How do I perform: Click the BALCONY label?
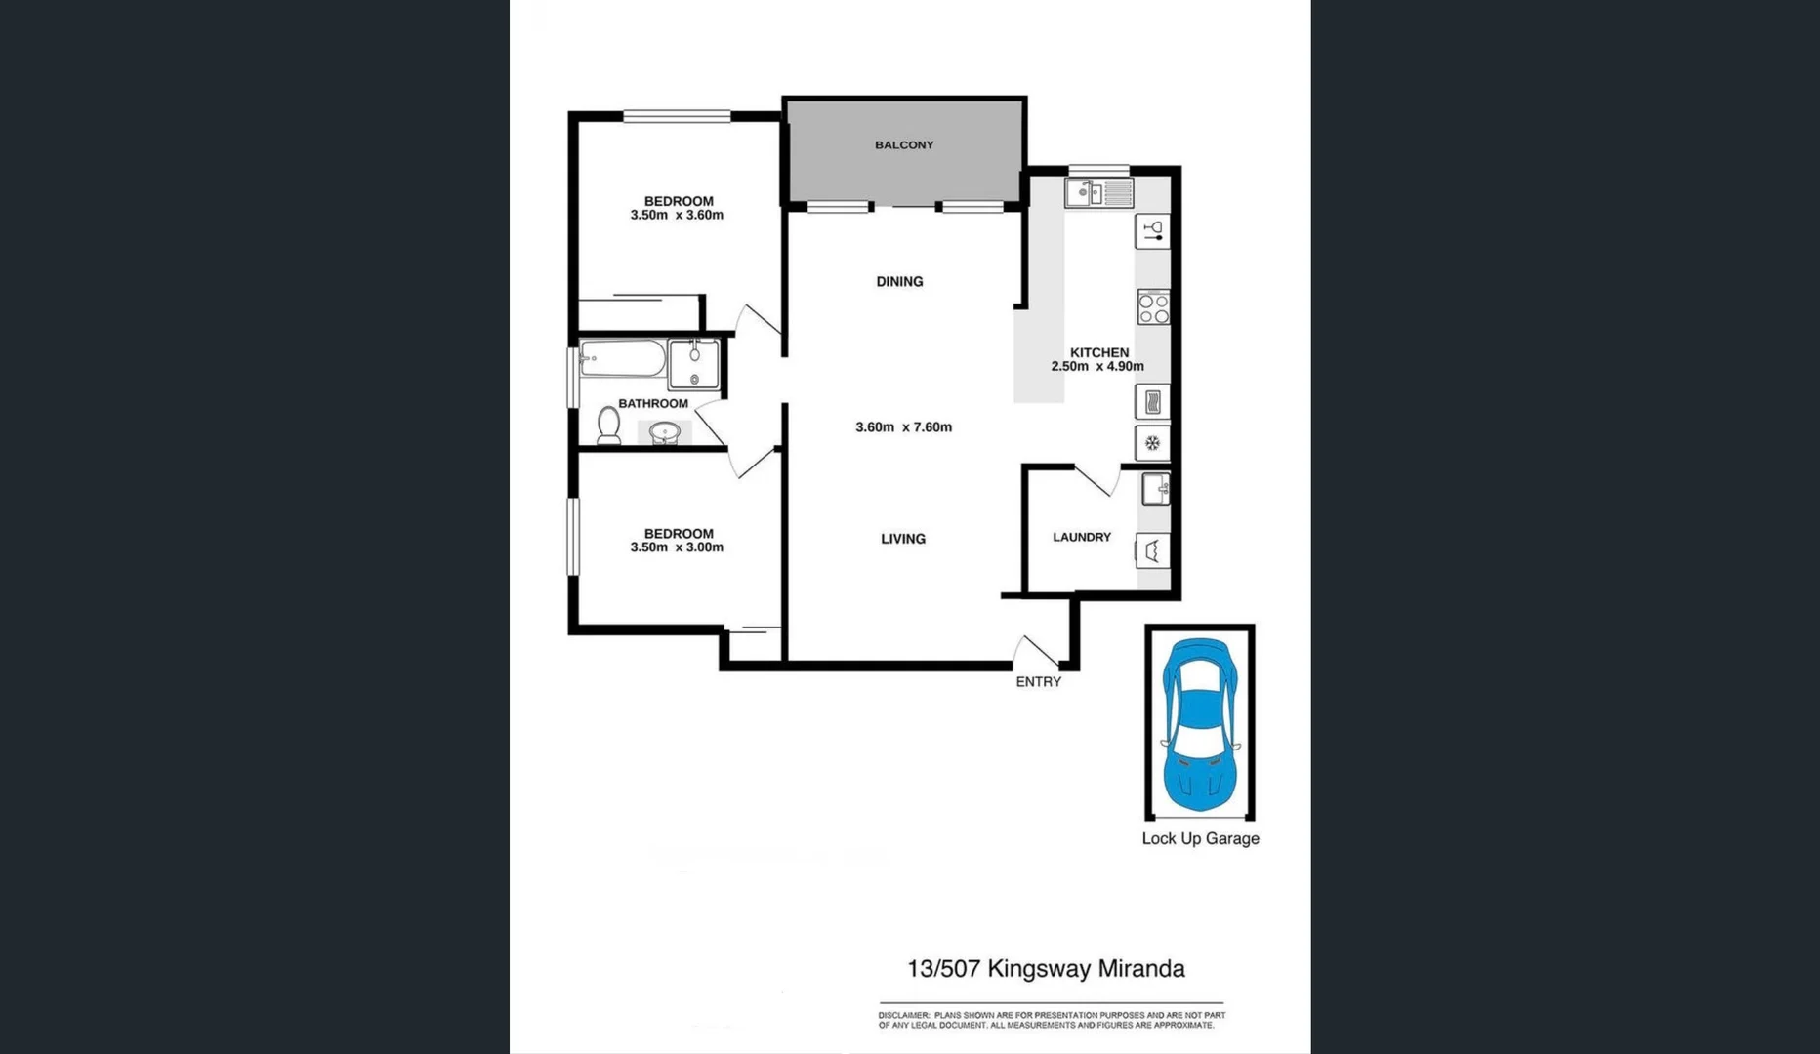pos(904,145)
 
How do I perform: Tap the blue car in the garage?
pos(1200,725)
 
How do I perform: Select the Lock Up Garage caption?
pos(1200,839)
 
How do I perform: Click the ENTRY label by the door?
pos(1038,682)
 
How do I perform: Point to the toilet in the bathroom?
pos(608,426)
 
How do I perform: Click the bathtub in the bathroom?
pos(622,359)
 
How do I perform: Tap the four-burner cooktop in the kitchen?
pos(1153,307)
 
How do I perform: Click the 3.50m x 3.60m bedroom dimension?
pos(677,216)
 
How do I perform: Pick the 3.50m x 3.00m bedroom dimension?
pos(677,547)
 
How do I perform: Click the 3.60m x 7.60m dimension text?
pos(903,427)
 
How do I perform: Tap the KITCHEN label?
pos(1098,352)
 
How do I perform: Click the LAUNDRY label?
pos(1081,537)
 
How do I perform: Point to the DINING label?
pos(899,282)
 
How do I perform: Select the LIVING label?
pos(902,539)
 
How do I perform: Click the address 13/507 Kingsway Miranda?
pos(1046,969)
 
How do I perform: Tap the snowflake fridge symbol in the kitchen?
pos(1152,443)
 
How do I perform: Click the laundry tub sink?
pos(1155,488)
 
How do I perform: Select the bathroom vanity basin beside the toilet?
pos(665,432)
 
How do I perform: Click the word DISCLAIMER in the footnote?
pos(903,1016)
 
